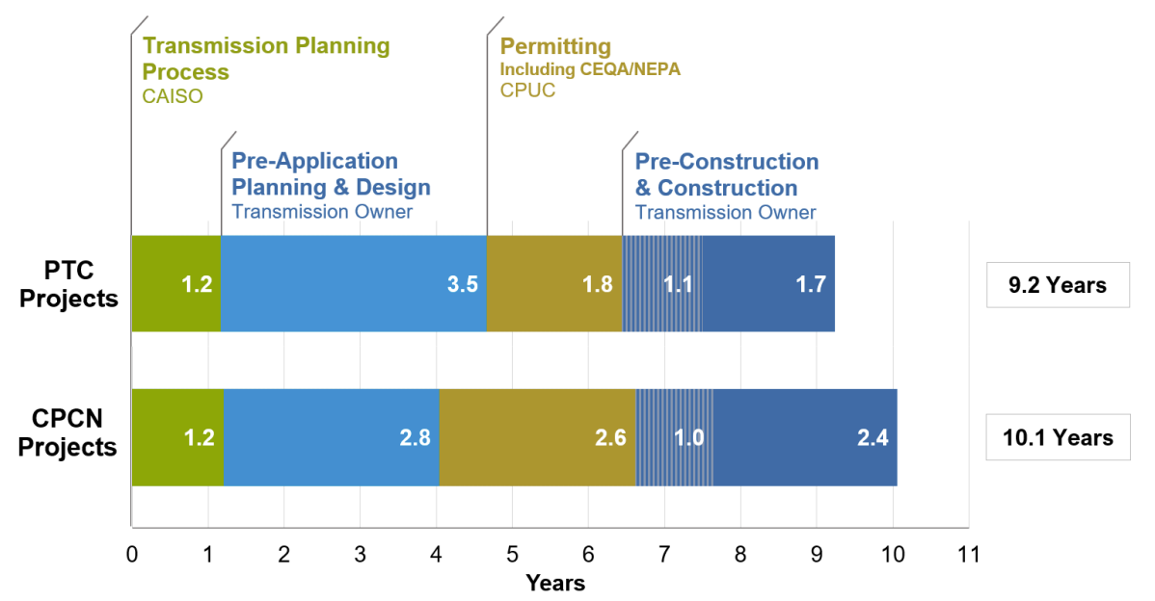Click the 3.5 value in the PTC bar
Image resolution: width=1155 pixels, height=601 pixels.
463,284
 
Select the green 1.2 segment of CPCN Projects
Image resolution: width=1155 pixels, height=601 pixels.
177,437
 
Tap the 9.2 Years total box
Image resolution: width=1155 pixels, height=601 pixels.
1058,285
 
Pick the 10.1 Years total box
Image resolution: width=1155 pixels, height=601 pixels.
1058,437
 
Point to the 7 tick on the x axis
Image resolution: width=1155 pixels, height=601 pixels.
664,554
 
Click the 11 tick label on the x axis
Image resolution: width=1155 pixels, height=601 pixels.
968,554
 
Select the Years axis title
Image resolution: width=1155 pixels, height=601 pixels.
555,583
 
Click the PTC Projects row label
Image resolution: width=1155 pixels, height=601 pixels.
68,284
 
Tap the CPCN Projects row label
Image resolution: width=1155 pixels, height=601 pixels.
67,432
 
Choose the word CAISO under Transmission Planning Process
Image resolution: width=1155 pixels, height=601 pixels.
173,96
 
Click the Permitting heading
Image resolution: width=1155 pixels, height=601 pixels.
555,46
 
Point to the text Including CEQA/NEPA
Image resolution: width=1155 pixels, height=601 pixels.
590,69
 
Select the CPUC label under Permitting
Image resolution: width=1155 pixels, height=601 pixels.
527,90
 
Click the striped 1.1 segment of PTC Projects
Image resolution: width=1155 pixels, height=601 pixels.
662,284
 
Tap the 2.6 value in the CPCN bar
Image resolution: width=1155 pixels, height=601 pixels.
610,437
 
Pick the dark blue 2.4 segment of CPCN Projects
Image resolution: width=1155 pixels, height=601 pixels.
805,437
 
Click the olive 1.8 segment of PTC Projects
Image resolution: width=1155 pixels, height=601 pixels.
554,284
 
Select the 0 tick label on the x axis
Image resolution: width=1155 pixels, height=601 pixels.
132,554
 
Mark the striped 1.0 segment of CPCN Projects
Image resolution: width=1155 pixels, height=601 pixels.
674,437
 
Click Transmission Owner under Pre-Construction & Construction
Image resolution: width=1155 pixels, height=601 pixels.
726,213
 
